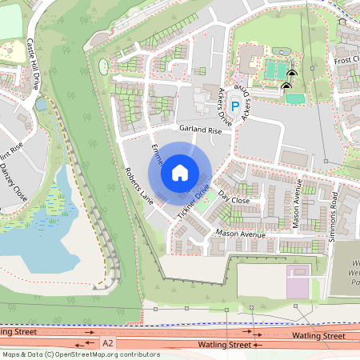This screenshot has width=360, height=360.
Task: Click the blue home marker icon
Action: (x=180, y=172)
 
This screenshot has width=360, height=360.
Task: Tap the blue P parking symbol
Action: (x=235, y=105)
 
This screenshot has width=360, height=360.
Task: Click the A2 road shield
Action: (x=109, y=342)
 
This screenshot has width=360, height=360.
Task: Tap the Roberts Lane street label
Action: (x=138, y=185)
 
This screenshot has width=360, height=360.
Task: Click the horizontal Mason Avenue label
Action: (x=240, y=234)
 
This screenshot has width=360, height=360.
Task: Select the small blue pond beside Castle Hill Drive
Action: (x=40, y=104)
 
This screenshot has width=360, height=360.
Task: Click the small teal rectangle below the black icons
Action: (x=295, y=99)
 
